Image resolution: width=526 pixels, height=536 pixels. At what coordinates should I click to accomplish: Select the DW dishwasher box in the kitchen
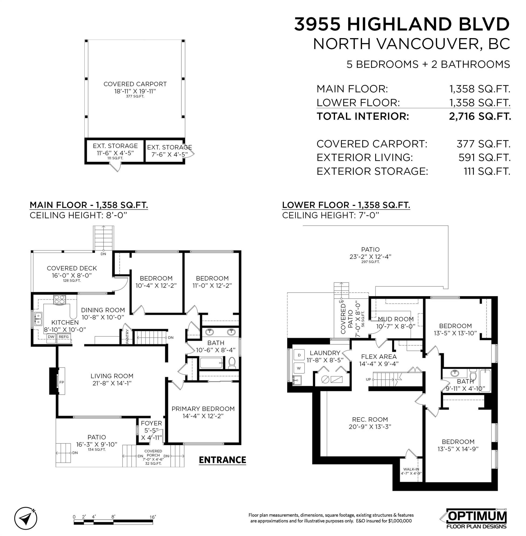(51, 337)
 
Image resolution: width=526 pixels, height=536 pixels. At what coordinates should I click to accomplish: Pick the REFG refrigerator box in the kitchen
(64, 337)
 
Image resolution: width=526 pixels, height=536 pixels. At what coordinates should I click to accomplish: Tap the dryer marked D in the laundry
(299, 355)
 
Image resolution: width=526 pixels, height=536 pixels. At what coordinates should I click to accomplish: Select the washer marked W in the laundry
(299, 368)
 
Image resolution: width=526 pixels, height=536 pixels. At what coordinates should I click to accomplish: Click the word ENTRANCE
(222, 460)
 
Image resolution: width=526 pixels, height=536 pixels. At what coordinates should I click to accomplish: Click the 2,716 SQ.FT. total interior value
(480, 116)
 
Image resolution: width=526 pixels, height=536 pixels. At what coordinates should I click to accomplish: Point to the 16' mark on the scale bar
(153, 517)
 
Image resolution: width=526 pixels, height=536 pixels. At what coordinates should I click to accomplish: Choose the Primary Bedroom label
(203, 409)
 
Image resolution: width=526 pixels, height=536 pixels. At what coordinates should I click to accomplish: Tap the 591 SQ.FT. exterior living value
(484, 157)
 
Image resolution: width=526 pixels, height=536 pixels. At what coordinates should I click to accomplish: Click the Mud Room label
(396, 319)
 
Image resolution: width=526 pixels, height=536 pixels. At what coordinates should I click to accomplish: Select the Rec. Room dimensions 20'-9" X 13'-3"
(370, 427)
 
